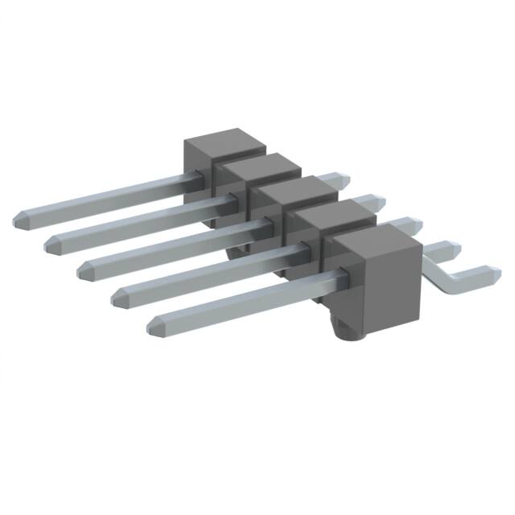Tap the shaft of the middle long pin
169,245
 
